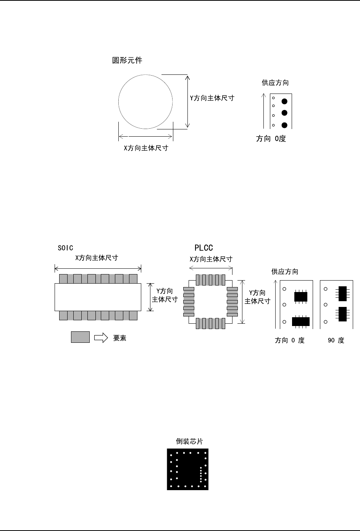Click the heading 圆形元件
[x=127, y=60]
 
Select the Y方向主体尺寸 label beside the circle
[x=212, y=98]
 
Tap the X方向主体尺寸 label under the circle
[x=146, y=148]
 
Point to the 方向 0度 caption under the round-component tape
[x=271, y=139]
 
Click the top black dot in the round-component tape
[x=284, y=101]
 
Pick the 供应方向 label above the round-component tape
[x=275, y=83]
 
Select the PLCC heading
[x=203, y=248]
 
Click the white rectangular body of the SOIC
[x=98, y=297]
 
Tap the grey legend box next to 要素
[x=80, y=337]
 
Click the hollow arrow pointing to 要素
[x=101, y=338]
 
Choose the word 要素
[x=119, y=338]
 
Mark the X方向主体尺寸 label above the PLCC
[x=211, y=259]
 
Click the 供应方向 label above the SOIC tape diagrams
[x=285, y=272]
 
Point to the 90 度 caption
[x=336, y=341]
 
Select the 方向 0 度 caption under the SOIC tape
[x=290, y=341]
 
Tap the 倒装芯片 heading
[x=189, y=441]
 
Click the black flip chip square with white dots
[x=187, y=469]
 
